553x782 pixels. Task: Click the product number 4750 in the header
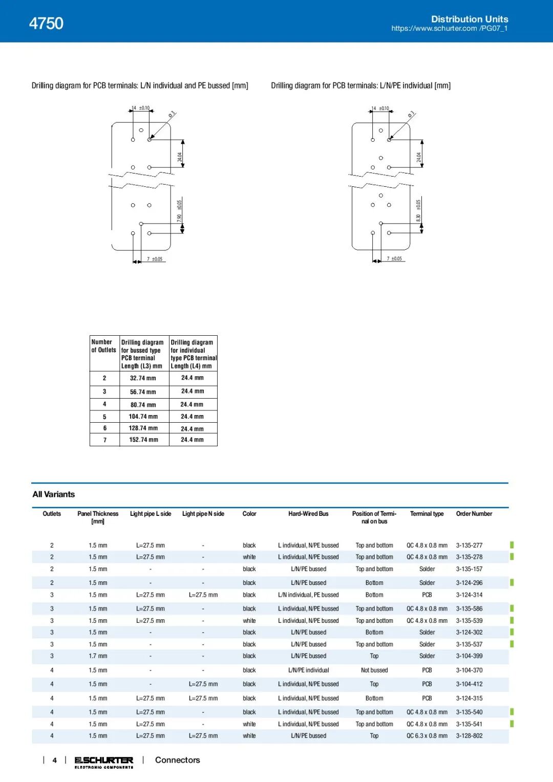pos(46,23)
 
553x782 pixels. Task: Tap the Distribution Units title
pos(470,19)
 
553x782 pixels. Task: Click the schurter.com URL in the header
pos(449,29)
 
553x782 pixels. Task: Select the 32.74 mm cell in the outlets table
pos(143,378)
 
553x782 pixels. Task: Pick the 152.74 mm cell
pos(143,440)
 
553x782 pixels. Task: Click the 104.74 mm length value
pos(143,417)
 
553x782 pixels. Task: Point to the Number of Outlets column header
pos(104,346)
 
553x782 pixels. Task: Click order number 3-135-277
pos(469,546)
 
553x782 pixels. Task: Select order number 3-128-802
pos(469,736)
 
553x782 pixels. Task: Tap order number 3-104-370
pos(469,670)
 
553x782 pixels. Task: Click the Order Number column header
pos(474,514)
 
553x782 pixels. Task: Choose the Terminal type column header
pos(427,514)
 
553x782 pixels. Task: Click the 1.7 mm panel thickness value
pos(98,656)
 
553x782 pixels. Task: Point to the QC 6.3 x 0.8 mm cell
pos(427,736)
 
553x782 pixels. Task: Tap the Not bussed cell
pos(374,670)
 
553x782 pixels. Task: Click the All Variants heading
pos(54,494)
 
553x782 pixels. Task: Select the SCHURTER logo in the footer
pos(104,761)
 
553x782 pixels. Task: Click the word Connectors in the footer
pos(177,760)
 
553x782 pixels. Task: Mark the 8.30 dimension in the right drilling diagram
pos(418,218)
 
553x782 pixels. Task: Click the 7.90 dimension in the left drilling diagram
pos(179,218)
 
